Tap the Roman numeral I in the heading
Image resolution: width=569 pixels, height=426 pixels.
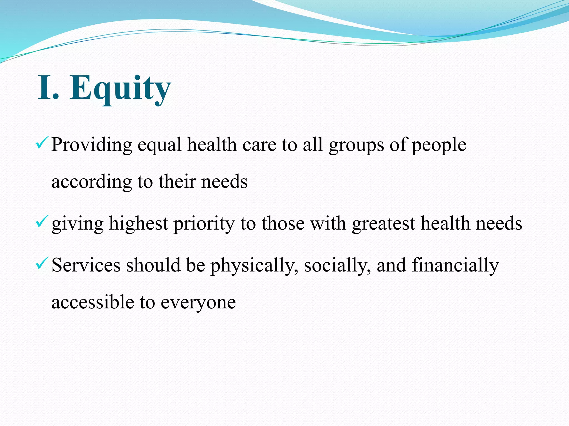45,88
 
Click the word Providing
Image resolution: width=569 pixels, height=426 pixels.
92,145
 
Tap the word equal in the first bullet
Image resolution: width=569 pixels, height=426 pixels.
159,145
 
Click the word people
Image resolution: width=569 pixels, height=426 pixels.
439,145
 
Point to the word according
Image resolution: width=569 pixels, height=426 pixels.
92,182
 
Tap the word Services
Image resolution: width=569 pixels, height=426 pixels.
86,265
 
